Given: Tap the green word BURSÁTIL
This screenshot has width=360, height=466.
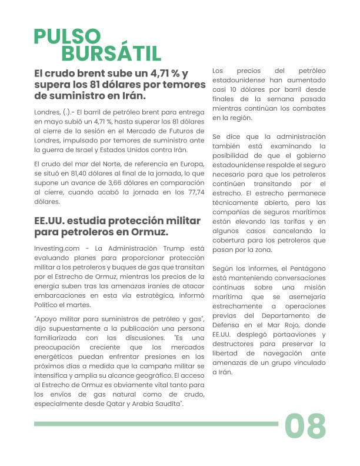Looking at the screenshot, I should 111,54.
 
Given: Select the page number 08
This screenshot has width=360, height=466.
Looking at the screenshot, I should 305,425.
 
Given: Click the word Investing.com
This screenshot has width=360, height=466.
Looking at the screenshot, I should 56,249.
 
